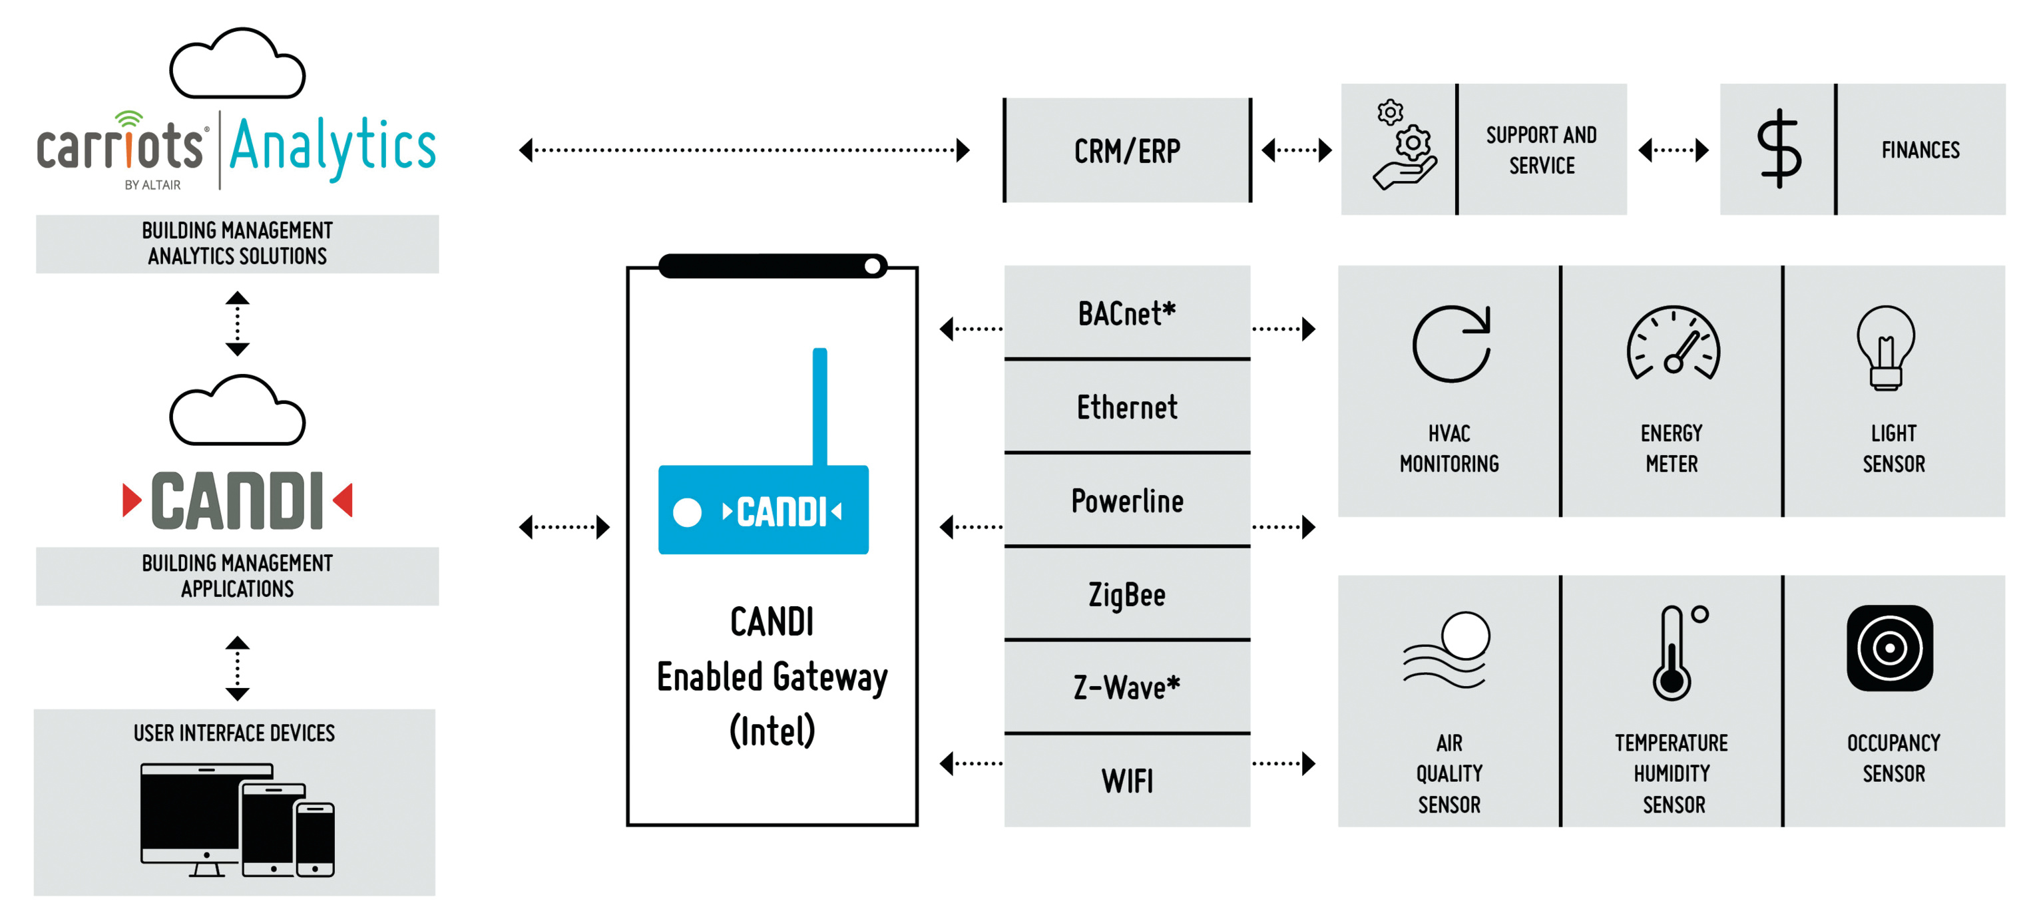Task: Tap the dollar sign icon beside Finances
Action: coord(1779,149)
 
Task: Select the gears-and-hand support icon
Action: coord(1405,146)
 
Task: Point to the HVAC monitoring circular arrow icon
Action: coord(1451,344)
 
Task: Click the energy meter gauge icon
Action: coord(1673,344)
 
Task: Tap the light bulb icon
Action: coord(1885,347)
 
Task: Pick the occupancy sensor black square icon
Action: coord(1889,647)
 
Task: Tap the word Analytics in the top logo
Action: coord(333,146)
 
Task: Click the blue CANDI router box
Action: coord(763,510)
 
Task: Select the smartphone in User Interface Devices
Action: coord(315,839)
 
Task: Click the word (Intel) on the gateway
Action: coord(772,731)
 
